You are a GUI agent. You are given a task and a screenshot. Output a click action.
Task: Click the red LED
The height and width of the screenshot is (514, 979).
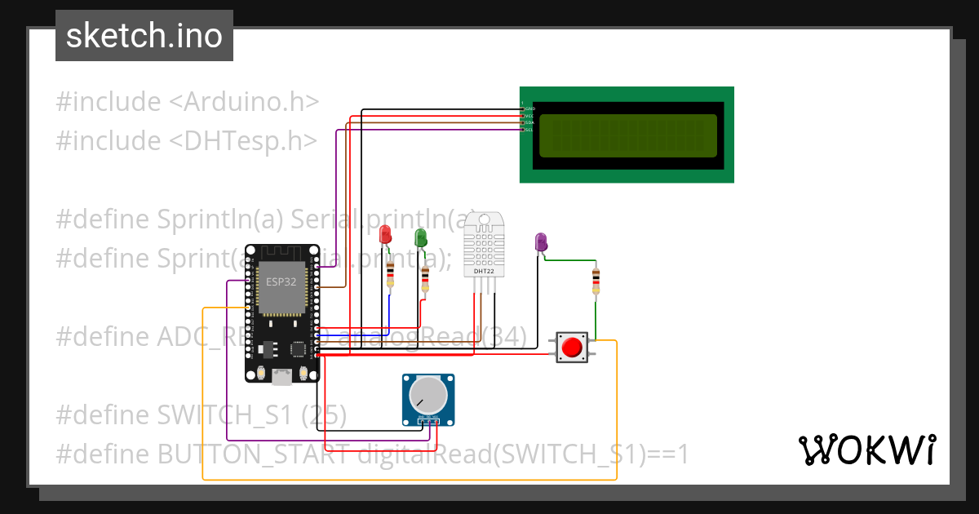pos(386,235)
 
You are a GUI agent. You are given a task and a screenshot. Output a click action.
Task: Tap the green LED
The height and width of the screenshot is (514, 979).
pos(421,237)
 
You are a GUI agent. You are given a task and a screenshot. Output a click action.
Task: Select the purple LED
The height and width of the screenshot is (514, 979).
pos(540,241)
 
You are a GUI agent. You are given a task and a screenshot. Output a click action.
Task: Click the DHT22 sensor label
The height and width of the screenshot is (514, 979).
pos(484,272)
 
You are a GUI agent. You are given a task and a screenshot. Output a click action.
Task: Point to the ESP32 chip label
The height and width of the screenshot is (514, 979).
pos(281,281)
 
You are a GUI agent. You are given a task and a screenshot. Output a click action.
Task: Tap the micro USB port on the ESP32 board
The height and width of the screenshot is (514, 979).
pos(282,376)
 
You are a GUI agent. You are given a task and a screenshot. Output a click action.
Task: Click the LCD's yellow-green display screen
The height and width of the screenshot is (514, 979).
pos(627,135)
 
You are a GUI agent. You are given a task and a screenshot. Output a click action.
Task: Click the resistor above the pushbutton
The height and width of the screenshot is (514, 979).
pos(596,281)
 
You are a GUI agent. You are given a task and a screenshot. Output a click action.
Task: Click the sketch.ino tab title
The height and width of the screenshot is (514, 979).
pos(144,36)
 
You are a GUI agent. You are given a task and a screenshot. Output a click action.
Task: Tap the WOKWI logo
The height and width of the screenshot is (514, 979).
pos(866,450)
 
